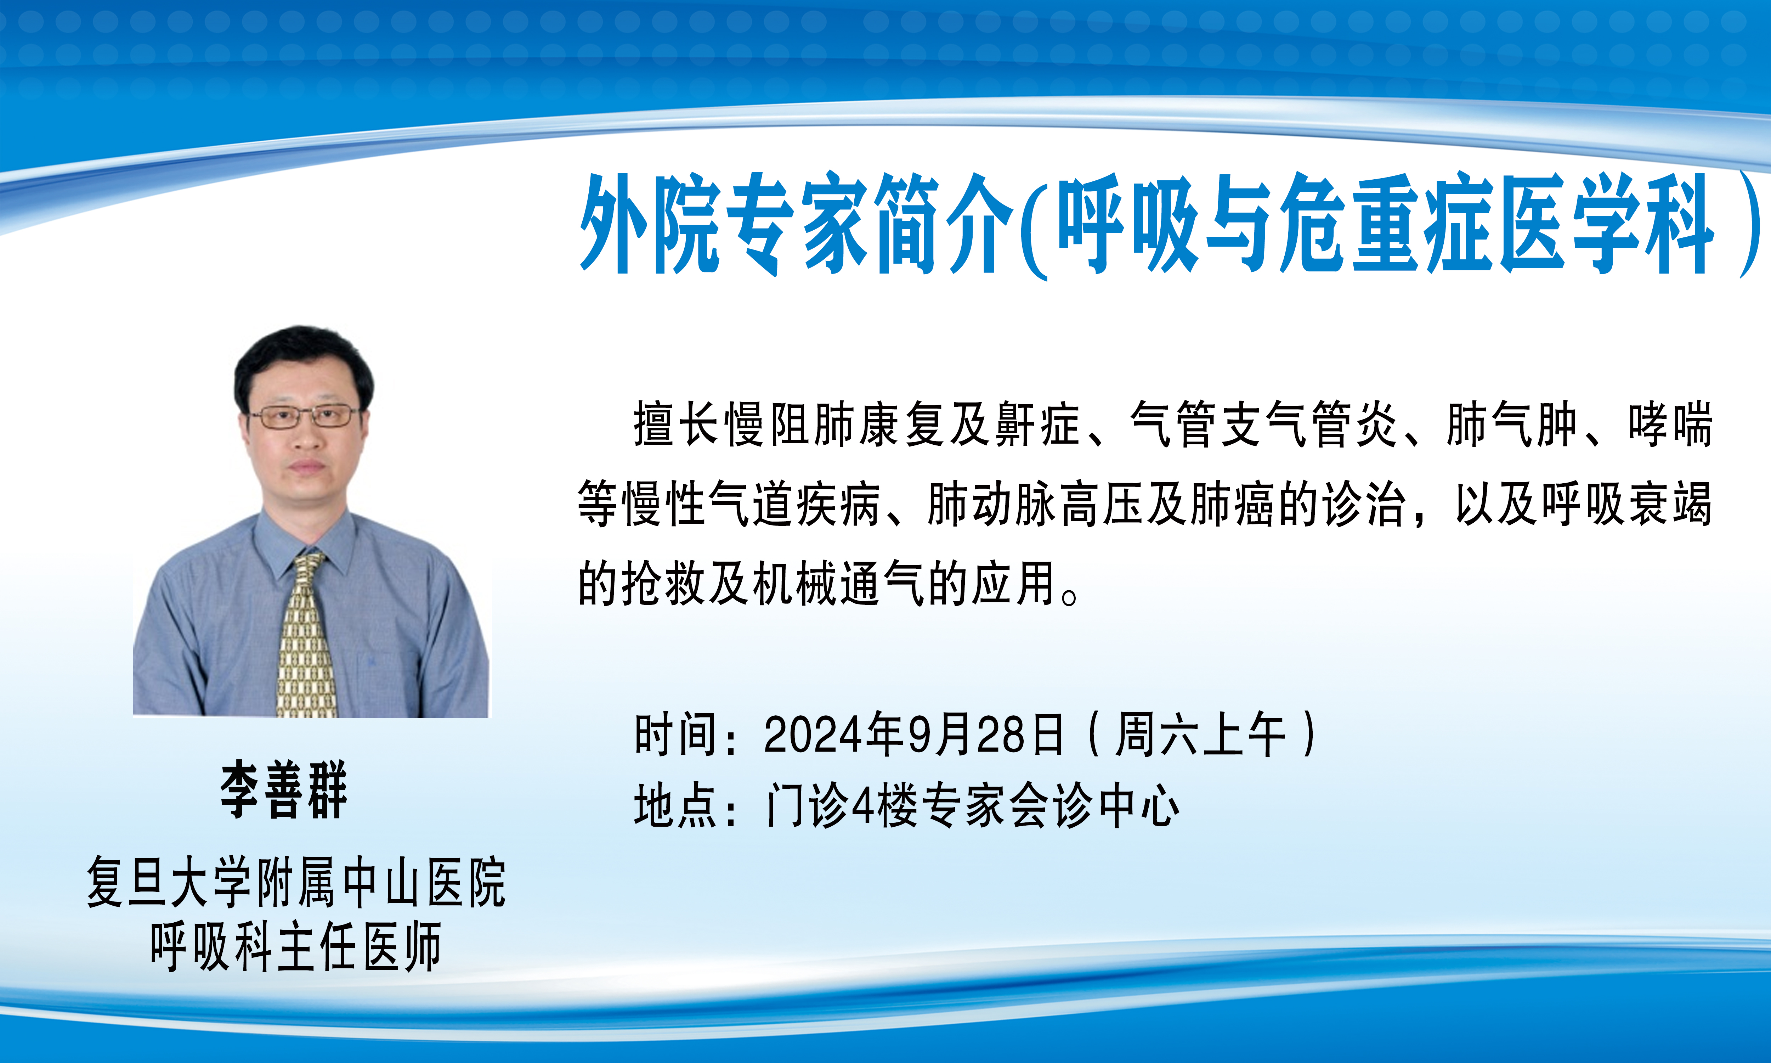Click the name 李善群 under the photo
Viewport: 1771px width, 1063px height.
coord(283,790)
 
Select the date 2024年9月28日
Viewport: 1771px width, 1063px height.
coord(913,735)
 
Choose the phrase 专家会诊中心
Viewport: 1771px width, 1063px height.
coord(1050,806)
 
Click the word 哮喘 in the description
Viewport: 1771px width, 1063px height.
coord(1669,425)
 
